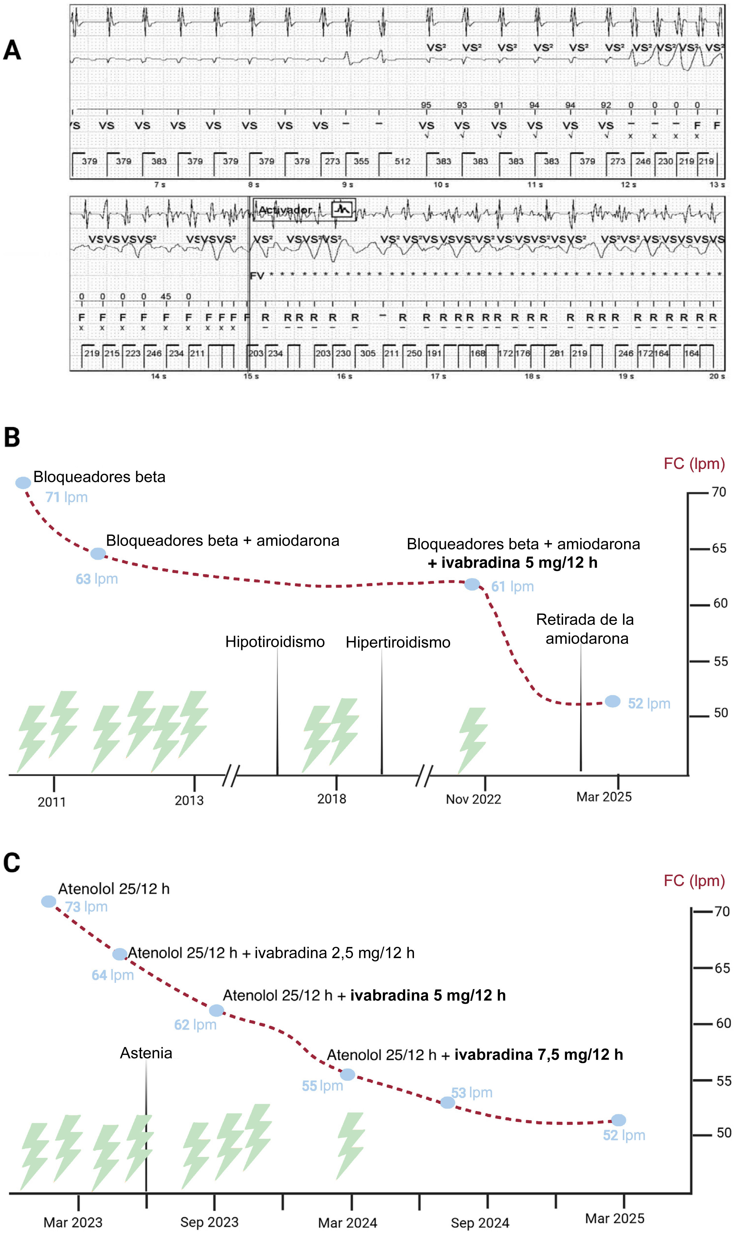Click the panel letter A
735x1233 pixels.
click(12, 50)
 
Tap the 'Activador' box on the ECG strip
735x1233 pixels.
click(304, 210)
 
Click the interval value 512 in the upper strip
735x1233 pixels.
click(402, 161)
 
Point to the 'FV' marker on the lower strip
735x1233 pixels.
click(257, 276)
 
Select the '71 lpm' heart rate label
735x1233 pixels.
click(66, 497)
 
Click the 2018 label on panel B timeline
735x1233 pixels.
click(331, 799)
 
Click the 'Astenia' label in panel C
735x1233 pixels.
click(146, 1053)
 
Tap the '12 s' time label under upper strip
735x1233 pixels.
click(628, 185)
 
